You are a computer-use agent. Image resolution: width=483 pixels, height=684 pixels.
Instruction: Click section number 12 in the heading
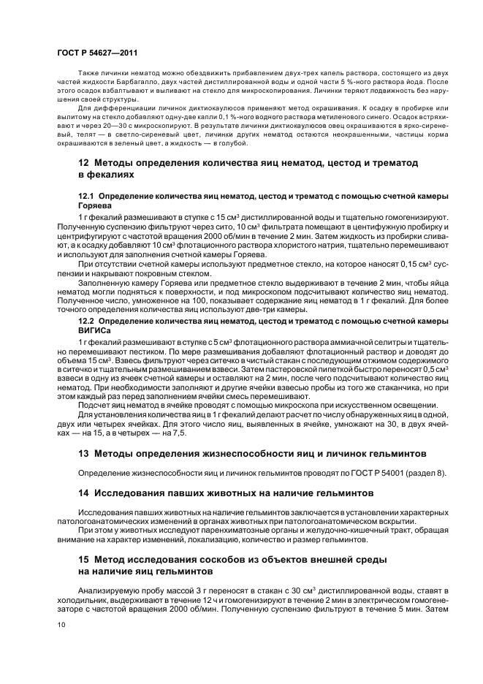tap(83, 162)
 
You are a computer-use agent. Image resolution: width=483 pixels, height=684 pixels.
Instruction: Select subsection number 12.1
tap(86, 197)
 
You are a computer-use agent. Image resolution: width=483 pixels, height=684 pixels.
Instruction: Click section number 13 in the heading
tap(83, 454)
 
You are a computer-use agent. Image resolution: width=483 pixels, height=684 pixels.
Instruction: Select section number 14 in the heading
tap(83, 494)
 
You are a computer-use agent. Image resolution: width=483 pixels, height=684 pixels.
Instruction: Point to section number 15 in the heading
tap(83, 559)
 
